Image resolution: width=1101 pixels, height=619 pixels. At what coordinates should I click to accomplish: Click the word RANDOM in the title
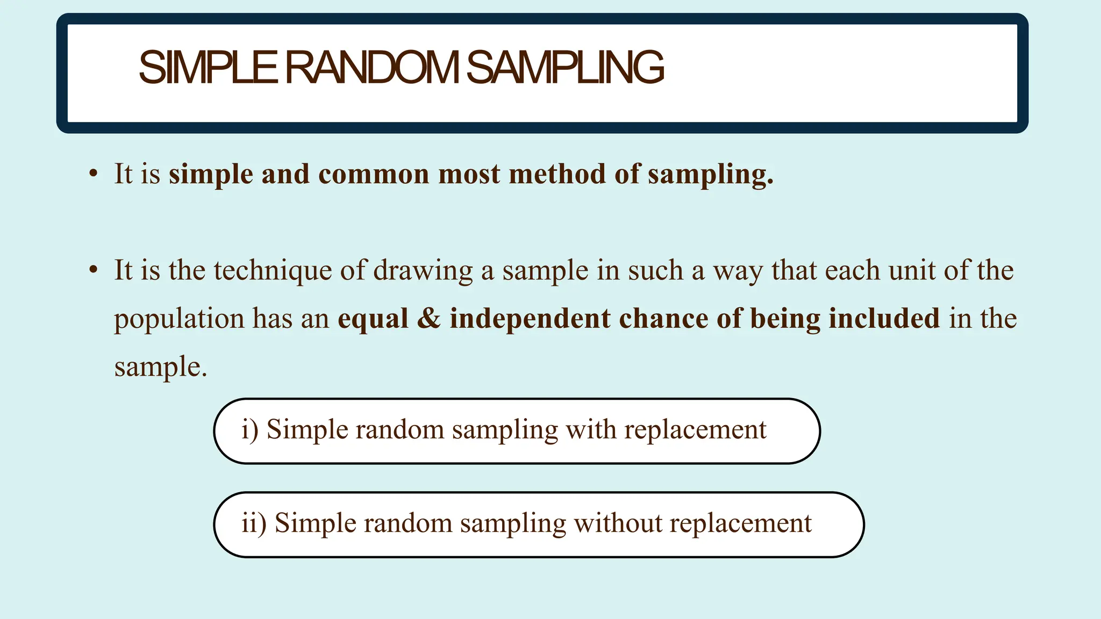[x=371, y=68]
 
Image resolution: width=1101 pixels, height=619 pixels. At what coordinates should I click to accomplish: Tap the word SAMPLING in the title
[x=565, y=68]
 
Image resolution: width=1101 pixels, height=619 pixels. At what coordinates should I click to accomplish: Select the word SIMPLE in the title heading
[x=208, y=68]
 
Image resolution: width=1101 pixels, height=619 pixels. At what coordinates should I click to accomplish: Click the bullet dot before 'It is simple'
[x=94, y=174]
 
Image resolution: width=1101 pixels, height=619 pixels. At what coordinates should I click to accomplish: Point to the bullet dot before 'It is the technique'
[x=94, y=270]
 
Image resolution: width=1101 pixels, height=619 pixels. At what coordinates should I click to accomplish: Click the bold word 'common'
[x=374, y=175]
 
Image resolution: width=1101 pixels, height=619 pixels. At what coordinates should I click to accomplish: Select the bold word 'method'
[x=557, y=175]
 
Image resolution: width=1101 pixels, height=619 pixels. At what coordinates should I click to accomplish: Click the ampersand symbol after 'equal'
[x=428, y=318]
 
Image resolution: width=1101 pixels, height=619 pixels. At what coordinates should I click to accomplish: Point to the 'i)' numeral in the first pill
[x=249, y=430]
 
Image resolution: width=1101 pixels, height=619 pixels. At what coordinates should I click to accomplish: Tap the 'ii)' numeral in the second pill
[x=254, y=523]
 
